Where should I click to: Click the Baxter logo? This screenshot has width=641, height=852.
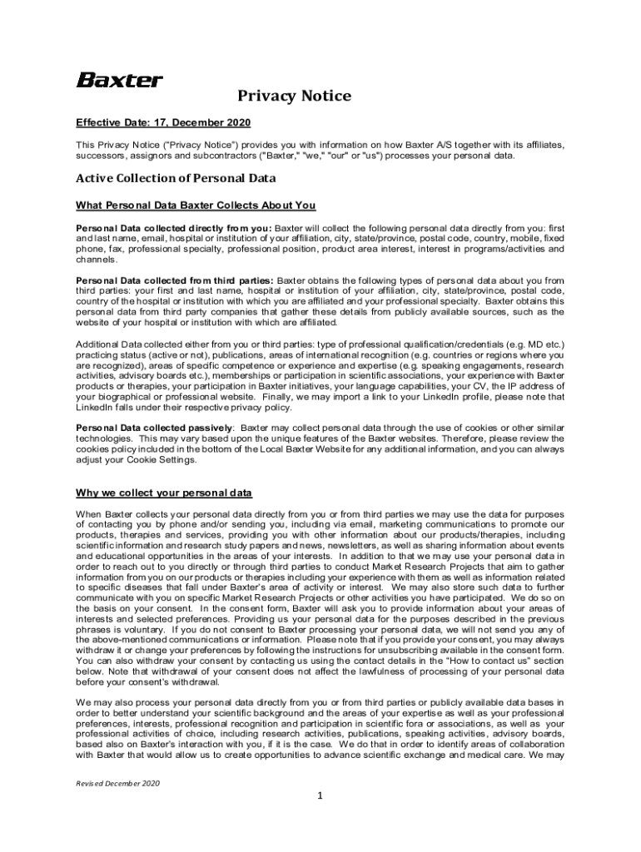120,81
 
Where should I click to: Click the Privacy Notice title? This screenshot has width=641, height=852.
294,97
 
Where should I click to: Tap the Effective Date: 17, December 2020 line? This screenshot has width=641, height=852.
163,123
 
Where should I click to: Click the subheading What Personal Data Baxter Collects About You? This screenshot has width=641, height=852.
196,206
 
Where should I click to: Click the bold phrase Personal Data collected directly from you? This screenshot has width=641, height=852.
173,227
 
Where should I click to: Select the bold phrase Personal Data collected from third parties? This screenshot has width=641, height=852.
175,280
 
